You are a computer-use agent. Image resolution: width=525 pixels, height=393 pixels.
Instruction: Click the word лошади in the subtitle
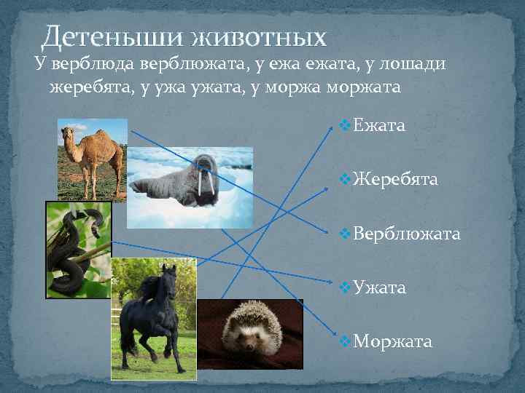(x=416, y=65)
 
